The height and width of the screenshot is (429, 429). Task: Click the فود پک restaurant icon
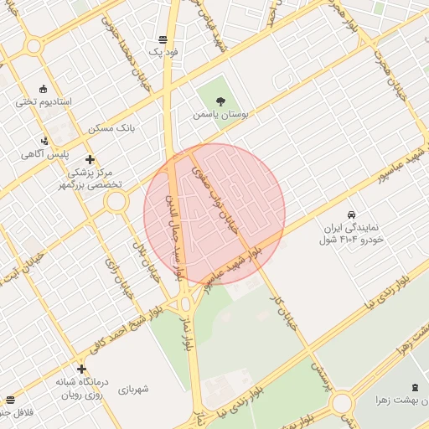[162, 39]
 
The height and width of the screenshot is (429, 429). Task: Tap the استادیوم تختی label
[44, 101]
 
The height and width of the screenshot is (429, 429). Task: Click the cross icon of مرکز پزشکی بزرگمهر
[90, 158]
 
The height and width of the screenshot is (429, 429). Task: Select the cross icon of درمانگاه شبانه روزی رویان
[81, 369]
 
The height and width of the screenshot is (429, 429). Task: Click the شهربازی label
[132, 389]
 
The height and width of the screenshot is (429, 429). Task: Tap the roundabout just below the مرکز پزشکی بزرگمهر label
[116, 201]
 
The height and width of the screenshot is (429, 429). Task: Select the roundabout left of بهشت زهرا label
[342, 404]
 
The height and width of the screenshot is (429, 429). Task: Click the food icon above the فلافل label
[10, 401]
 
